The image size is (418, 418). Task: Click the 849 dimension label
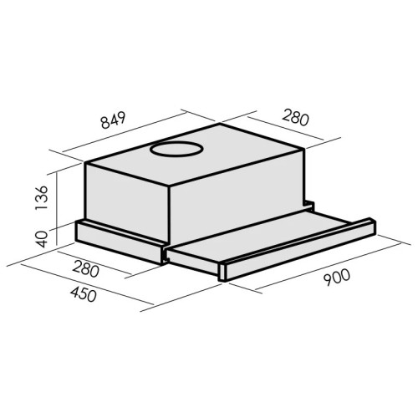pyautogui.click(x=114, y=120)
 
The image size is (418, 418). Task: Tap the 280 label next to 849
pyautogui.click(x=296, y=118)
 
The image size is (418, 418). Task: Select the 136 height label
pyautogui.click(x=42, y=197)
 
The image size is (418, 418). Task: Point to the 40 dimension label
pyautogui.click(x=43, y=239)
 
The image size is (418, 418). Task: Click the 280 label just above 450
pyautogui.click(x=85, y=268)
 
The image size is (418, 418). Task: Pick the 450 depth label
pyautogui.click(x=84, y=294)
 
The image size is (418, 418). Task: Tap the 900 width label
pyautogui.click(x=336, y=278)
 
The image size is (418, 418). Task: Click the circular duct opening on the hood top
pyautogui.click(x=176, y=149)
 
